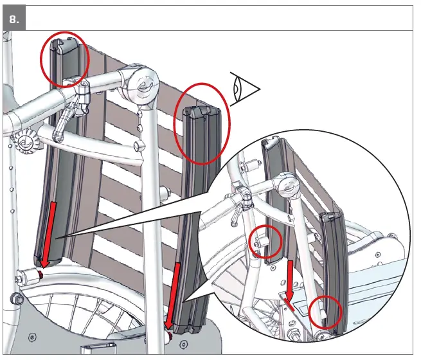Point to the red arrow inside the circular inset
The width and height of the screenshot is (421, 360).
[x=289, y=283]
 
